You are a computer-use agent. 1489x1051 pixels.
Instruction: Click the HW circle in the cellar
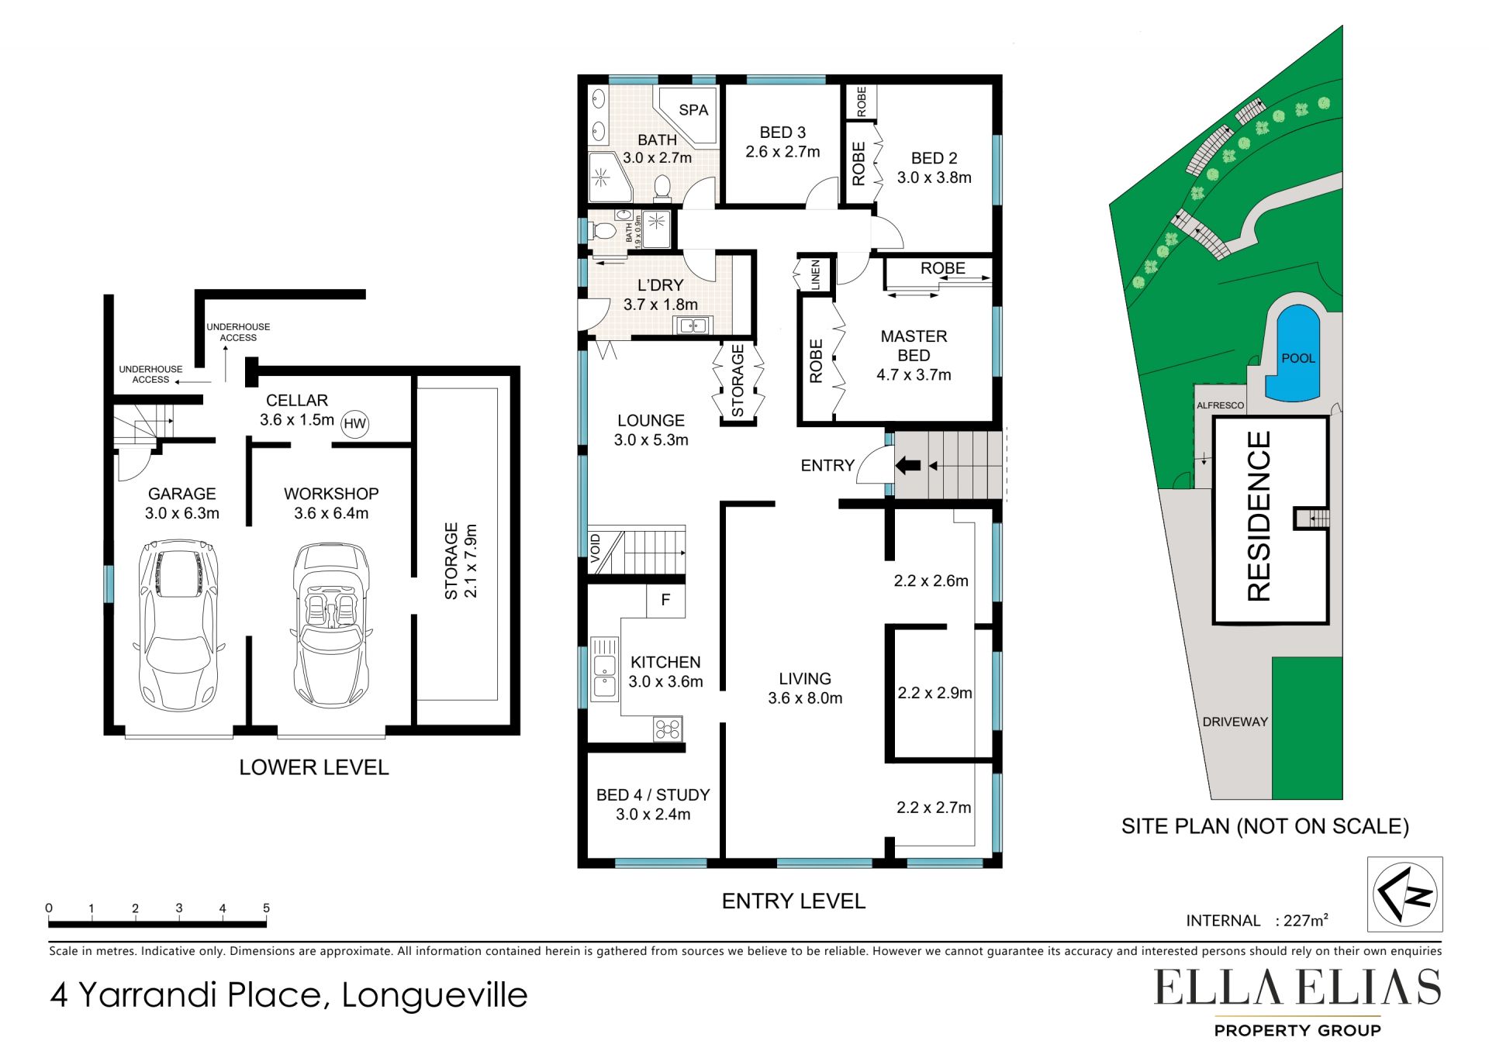[x=354, y=423]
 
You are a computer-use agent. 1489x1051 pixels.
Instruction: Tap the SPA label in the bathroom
[x=693, y=110]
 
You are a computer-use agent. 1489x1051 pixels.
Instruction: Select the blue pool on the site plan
[x=1292, y=353]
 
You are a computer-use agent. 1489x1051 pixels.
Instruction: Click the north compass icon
[x=1404, y=894]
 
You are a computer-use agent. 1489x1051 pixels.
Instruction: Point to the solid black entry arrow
[x=908, y=466]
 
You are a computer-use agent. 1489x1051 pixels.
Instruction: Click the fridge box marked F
[x=665, y=600]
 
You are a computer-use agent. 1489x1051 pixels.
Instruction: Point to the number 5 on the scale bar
[x=266, y=908]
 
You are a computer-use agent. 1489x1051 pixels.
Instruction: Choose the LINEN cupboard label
[x=815, y=275]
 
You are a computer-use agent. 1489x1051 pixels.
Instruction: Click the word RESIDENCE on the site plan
[x=1259, y=516]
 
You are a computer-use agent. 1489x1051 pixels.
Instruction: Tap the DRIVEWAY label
[x=1235, y=722]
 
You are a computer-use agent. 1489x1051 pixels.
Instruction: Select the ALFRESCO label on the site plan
[x=1220, y=405]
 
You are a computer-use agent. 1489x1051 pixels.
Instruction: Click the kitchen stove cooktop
[x=668, y=729]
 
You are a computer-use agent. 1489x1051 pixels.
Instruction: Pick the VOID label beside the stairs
[x=596, y=549]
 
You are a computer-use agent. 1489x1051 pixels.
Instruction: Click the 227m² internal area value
[x=1306, y=920]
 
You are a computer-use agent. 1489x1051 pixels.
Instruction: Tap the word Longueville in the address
[x=434, y=995]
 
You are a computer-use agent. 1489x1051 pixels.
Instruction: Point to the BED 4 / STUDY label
[x=653, y=795]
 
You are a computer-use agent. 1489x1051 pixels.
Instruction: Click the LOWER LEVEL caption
[x=314, y=767]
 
